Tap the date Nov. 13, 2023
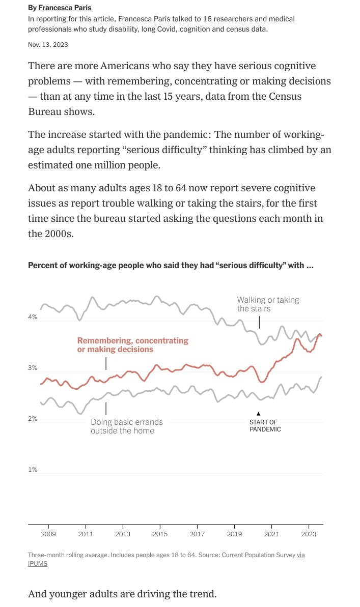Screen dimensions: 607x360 [x=48, y=45]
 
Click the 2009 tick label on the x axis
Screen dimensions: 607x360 [x=48, y=534]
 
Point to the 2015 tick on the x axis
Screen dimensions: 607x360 [x=160, y=534]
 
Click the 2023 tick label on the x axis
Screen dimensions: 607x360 [x=309, y=534]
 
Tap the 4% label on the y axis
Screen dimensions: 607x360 [x=33, y=317]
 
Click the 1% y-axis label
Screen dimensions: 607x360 [x=33, y=469]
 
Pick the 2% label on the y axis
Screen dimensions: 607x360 [x=33, y=419]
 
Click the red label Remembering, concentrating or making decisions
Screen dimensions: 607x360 [x=132, y=345]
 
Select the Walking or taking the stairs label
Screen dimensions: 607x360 [x=268, y=304]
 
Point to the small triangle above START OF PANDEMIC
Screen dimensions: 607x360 [x=258, y=414]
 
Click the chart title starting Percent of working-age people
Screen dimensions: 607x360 [x=170, y=266]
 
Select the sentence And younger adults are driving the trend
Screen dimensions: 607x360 [x=122, y=594]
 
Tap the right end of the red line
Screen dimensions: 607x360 [x=321, y=336]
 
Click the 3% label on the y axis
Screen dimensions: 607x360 [x=33, y=368]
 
